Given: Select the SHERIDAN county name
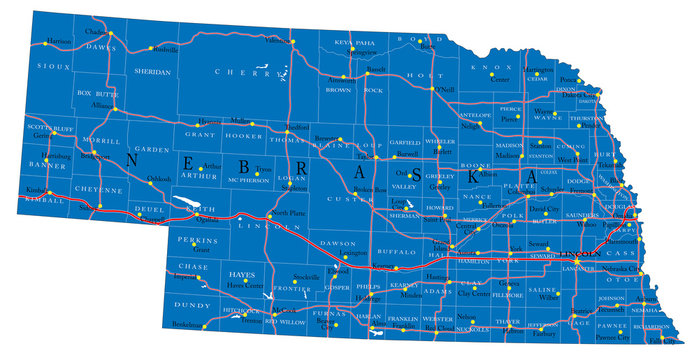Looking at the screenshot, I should click(153, 72).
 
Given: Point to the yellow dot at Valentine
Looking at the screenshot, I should click(293, 41).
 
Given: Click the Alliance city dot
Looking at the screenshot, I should click(116, 109).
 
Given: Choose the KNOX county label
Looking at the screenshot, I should click(498, 68).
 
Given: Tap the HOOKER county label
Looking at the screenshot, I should click(243, 134).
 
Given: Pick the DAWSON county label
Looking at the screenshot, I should click(337, 244).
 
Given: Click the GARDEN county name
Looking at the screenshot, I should click(153, 150).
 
